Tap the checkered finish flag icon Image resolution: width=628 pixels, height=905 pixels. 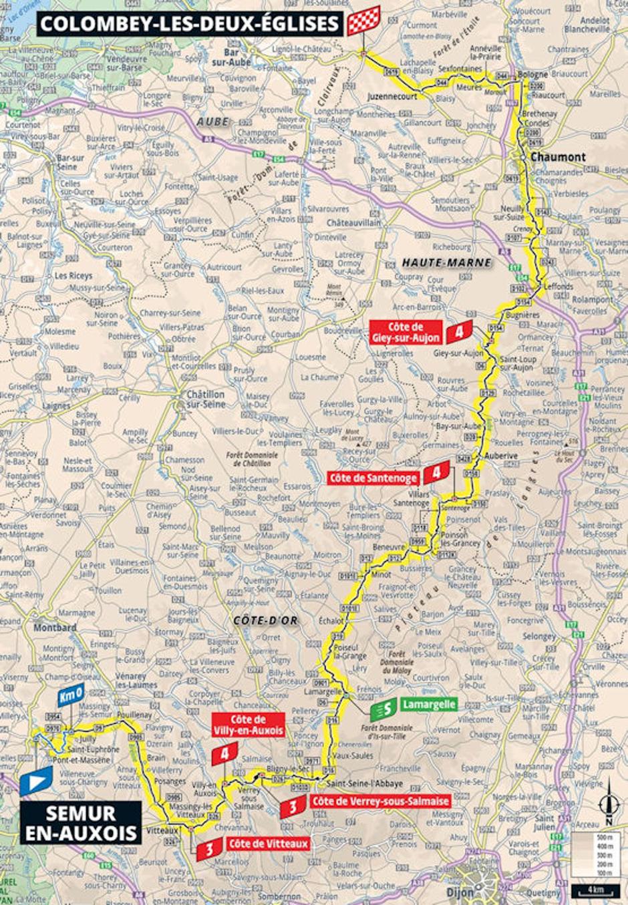[363, 21]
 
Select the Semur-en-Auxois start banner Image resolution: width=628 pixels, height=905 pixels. [81, 823]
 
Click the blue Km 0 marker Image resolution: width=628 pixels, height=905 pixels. [70, 695]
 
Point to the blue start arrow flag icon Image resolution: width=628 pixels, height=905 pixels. [35, 779]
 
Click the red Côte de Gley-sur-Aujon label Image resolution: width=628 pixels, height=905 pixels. [406, 332]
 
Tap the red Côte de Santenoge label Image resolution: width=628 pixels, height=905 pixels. [373, 478]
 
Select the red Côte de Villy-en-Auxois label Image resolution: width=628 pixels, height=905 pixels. [248, 725]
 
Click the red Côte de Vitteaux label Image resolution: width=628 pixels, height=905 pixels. [268, 844]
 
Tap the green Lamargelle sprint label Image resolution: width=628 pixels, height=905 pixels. [429, 704]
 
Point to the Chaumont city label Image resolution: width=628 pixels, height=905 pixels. [558, 157]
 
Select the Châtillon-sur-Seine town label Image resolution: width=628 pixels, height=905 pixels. [204, 399]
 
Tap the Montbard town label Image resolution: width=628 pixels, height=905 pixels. [55, 628]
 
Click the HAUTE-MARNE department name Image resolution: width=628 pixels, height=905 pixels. [446, 262]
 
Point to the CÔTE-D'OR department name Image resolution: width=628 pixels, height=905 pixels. [265, 620]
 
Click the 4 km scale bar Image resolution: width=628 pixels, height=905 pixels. [596, 890]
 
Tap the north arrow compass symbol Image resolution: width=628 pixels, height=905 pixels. [609, 805]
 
